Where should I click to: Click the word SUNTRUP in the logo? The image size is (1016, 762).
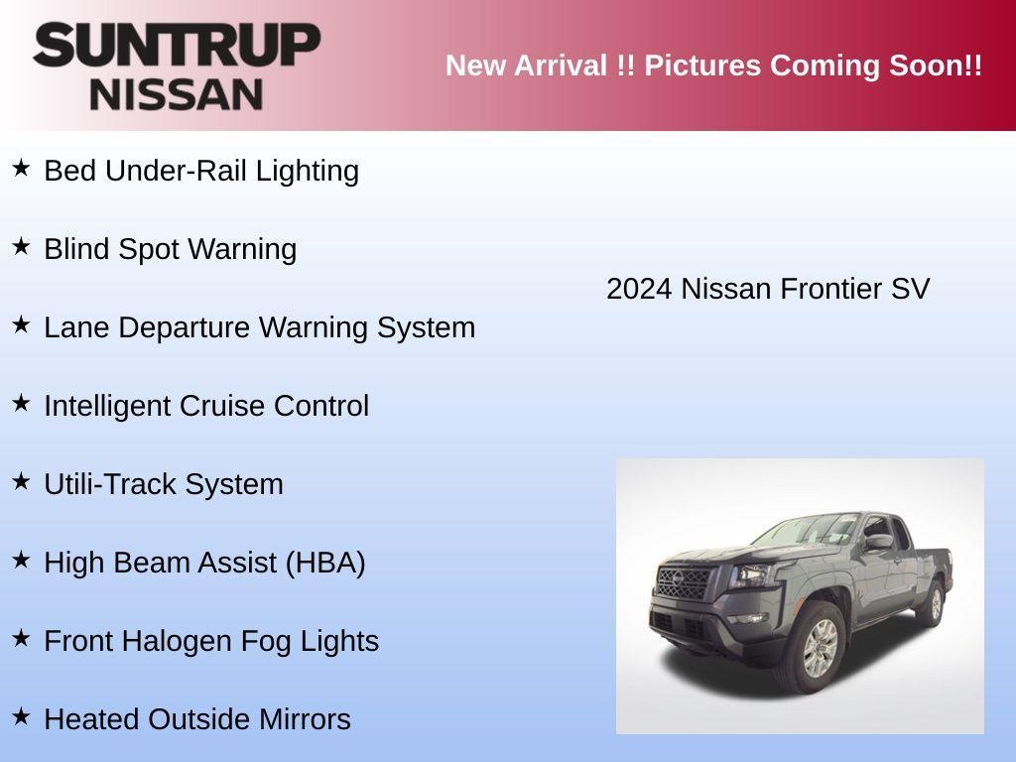click(177, 46)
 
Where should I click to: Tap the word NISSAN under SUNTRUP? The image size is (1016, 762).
click(177, 94)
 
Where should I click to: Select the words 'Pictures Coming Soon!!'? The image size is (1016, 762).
click(814, 65)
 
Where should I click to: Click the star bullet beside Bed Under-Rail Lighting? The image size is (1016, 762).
click(21, 168)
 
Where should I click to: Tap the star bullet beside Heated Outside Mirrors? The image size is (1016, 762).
click(21, 716)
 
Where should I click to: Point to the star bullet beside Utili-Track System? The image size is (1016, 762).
click(21, 481)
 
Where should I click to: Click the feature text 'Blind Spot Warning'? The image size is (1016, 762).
click(170, 249)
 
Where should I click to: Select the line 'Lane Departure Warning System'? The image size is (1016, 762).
click(259, 327)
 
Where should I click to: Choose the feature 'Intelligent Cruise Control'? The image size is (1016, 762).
click(206, 406)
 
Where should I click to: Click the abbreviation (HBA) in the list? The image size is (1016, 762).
click(325, 563)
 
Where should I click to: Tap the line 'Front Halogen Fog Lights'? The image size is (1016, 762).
click(211, 641)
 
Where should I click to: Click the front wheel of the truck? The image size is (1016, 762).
click(821, 648)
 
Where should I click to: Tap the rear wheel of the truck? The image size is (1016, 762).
click(934, 603)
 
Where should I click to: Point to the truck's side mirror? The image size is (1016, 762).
click(878, 542)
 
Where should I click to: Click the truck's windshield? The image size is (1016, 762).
click(809, 531)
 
